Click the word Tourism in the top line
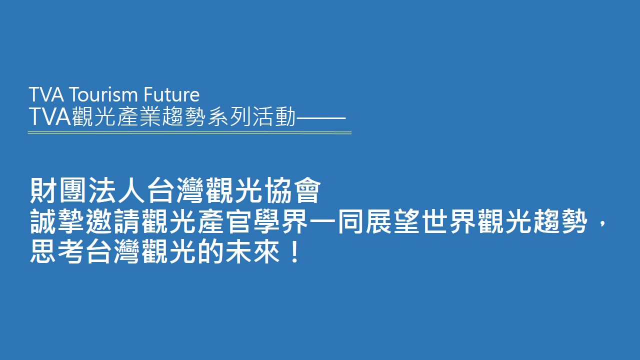(103, 94)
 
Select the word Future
(171, 94)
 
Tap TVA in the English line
(46, 94)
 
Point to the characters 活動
(274, 116)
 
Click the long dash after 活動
(321, 117)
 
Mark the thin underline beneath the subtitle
(189, 132)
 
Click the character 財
(43, 190)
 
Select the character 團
(72, 190)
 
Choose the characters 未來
(252, 251)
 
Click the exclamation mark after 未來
(294, 251)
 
